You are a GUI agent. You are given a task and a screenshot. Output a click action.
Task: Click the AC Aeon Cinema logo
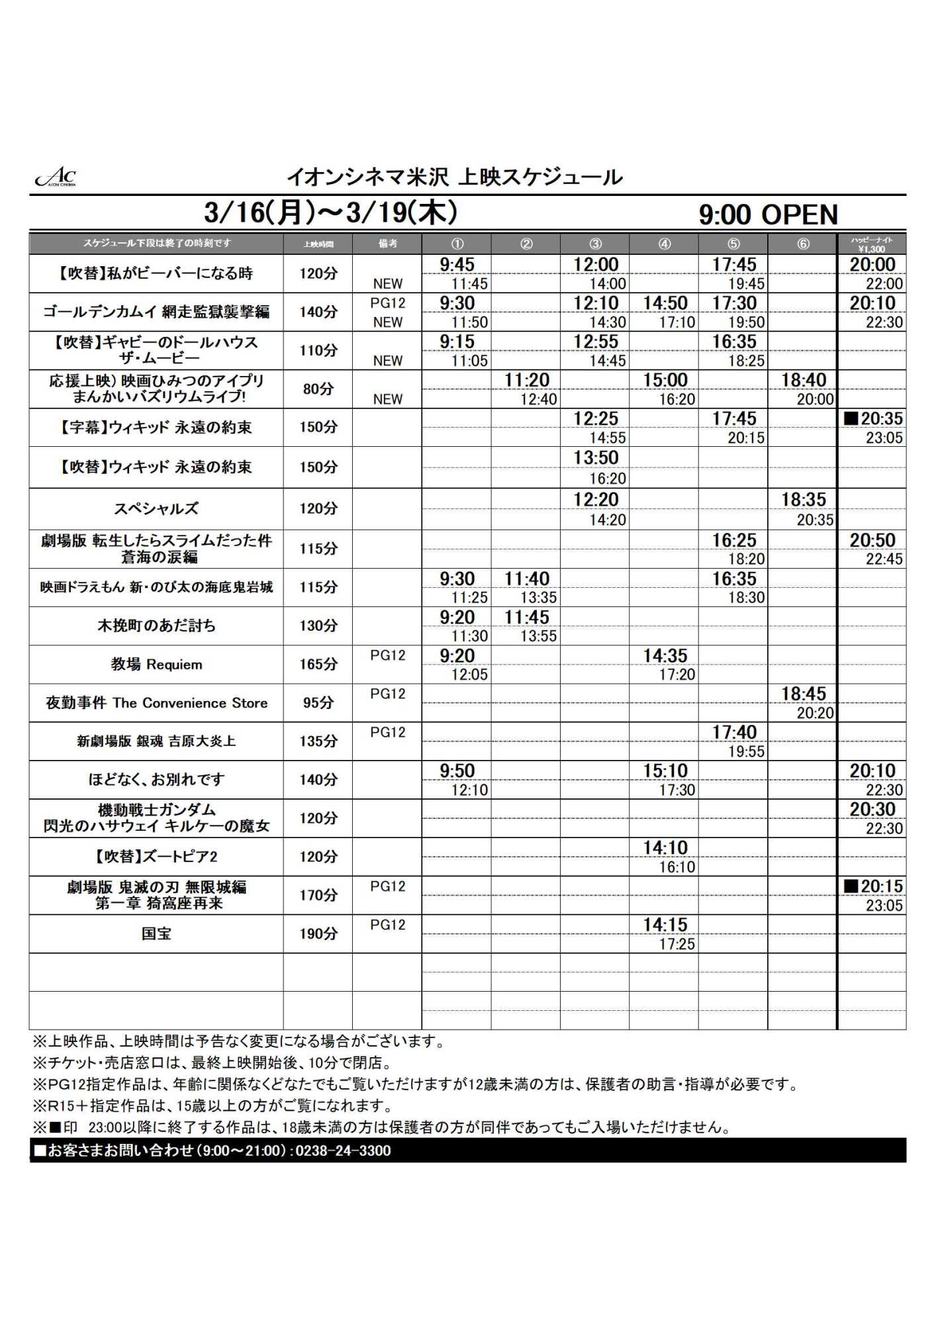point(56,177)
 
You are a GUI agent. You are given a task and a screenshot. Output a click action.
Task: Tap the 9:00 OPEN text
point(768,214)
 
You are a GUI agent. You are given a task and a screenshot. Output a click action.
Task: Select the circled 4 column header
point(664,244)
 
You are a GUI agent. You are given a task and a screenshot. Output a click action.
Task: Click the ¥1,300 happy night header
point(871,244)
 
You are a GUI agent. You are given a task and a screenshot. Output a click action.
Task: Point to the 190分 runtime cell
point(318,933)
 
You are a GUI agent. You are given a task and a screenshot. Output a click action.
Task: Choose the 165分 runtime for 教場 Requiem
point(318,664)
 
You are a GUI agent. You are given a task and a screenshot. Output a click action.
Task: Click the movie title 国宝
point(156,933)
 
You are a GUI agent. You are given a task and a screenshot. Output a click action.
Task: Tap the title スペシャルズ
point(156,508)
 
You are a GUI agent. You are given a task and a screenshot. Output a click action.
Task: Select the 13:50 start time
point(596,457)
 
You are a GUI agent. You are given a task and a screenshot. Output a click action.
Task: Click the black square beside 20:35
point(851,418)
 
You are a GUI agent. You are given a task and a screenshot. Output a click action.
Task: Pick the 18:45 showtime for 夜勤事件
point(804,694)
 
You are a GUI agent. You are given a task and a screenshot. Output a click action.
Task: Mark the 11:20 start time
point(527,380)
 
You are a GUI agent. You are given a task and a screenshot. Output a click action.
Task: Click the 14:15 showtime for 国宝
point(665,925)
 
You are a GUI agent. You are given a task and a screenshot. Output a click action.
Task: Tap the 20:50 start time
point(872,540)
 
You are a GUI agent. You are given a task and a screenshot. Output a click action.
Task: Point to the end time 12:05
point(469,675)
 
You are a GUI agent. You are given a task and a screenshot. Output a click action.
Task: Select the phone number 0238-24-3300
point(343,1151)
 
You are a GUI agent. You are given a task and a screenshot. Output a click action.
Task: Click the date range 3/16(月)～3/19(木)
point(331,213)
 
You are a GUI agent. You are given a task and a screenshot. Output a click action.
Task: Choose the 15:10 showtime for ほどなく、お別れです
point(665,771)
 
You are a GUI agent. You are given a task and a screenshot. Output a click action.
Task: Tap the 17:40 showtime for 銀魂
point(734,732)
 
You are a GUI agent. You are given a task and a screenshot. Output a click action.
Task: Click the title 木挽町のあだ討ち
point(156,626)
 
